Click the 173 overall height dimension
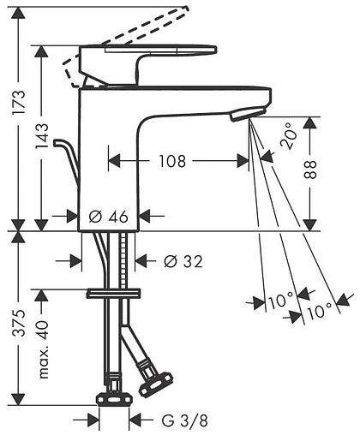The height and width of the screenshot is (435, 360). (19, 102)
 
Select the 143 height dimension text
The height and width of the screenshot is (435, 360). (42, 136)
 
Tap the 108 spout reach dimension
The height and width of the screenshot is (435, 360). (172, 161)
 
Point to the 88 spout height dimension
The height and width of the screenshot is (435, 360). (310, 170)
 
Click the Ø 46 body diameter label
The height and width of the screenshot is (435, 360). (108, 217)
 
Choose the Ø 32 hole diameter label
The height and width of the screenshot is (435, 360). (183, 261)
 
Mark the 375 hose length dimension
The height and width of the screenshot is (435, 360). (19, 323)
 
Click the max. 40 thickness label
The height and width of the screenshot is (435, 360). (43, 349)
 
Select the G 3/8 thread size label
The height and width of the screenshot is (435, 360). (184, 420)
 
